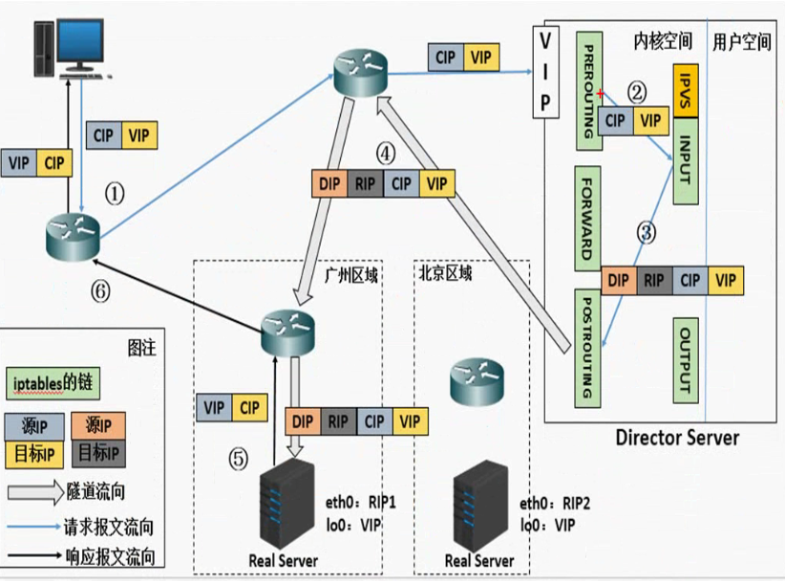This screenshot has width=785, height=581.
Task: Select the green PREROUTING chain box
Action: [x=590, y=89]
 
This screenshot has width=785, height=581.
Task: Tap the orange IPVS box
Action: [x=688, y=91]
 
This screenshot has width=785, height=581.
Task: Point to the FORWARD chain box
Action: [x=590, y=218]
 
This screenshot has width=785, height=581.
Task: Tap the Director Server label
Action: [x=677, y=438]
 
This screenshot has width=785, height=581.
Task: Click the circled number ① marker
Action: [x=115, y=195]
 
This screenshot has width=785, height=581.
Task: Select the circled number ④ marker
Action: [x=385, y=153]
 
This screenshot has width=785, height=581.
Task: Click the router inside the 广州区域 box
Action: [x=289, y=328]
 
